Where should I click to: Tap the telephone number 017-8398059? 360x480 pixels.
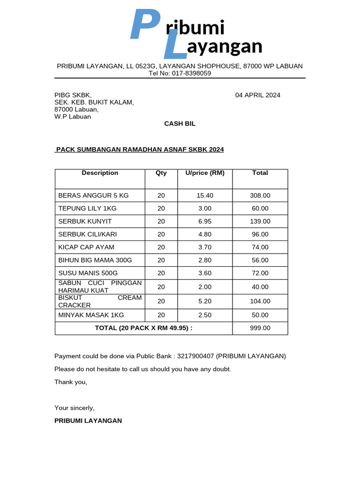[191, 73]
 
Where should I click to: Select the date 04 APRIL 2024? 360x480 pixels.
[257, 95]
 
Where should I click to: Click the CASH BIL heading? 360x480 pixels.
[180, 124]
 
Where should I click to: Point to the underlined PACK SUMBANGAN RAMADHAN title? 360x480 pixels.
[140, 150]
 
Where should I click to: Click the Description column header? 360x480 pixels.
[100, 173]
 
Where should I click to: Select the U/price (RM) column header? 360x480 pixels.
[205, 173]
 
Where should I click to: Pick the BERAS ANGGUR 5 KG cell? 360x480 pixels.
[93, 195]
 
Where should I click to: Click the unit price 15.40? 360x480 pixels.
[205, 195]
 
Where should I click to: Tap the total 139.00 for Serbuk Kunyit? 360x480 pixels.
[260, 221]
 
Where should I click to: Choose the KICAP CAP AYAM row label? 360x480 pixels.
[86, 247]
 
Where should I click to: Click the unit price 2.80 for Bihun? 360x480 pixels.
[205, 260]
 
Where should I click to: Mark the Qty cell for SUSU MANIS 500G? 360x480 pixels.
[161, 273]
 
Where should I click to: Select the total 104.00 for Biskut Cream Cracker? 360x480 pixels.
[260, 301]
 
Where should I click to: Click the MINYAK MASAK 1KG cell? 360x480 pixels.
[91, 315]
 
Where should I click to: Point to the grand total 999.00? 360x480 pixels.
[260, 328]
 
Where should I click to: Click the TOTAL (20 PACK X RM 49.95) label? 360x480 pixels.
[143, 328]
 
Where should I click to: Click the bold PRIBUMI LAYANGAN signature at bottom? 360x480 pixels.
[88, 421]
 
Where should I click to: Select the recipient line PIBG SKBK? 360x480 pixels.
[73, 95]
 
